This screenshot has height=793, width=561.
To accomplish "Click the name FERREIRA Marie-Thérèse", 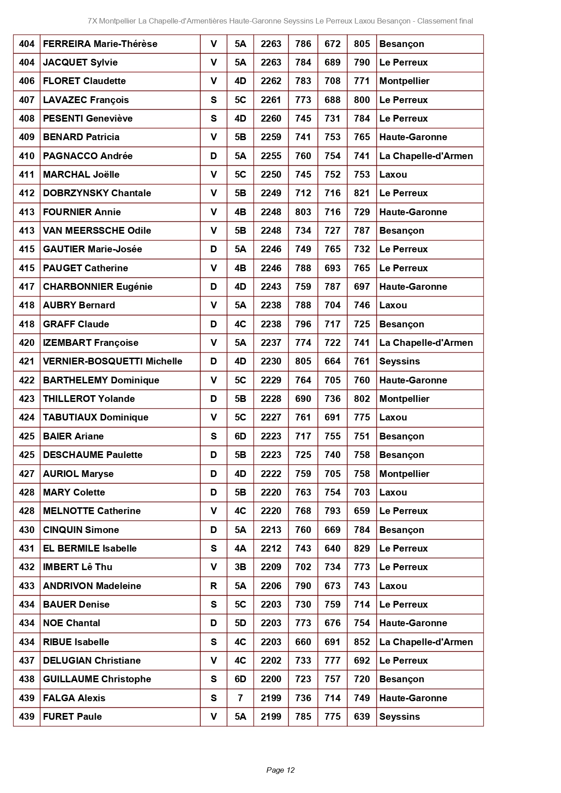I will click(x=100, y=44).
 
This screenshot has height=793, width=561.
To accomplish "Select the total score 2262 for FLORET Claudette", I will click(x=271, y=81).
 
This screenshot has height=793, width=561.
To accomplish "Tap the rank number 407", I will click(x=27, y=100).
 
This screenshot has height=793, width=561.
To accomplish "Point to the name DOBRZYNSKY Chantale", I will click(x=97, y=193).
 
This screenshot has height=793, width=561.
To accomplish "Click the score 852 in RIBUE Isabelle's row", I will click(x=362, y=642).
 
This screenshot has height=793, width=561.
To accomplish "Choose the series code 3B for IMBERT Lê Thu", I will click(x=240, y=567).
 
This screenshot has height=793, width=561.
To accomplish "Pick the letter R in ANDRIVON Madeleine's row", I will click(x=213, y=586).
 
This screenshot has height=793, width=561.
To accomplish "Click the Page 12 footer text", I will click(x=280, y=770).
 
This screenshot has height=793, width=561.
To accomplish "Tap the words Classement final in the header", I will click(x=445, y=21).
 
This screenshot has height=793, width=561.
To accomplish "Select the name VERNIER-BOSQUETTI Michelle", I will click(x=113, y=361).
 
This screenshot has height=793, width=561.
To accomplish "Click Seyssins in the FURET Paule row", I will click(x=400, y=717).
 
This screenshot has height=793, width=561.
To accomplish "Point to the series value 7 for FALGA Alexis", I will click(x=240, y=698).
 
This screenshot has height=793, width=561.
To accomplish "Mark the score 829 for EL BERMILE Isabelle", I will click(x=362, y=548).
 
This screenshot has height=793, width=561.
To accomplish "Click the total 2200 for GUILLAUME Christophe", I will click(x=271, y=679).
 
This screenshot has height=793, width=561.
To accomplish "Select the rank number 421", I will click(x=27, y=361).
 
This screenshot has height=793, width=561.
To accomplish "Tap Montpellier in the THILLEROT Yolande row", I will click(x=404, y=399).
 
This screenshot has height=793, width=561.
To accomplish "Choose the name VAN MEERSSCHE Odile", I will click(x=97, y=231).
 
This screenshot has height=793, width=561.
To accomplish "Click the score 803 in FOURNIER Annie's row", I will click(x=303, y=212).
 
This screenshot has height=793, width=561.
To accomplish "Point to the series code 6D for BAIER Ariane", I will click(x=240, y=436).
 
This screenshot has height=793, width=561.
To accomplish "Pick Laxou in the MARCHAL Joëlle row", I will click(x=393, y=175).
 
